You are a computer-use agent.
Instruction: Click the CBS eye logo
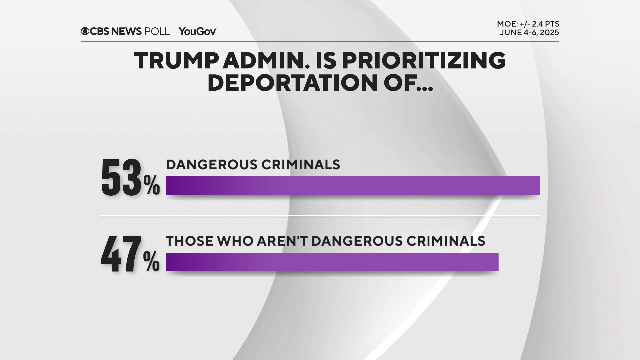[85, 31]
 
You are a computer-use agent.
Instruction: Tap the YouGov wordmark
[198, 31]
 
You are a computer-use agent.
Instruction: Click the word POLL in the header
[157, 31]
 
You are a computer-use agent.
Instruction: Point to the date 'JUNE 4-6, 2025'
[529, 33]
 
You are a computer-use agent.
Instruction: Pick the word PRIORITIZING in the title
[424, 61]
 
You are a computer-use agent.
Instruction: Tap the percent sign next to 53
[152, 186]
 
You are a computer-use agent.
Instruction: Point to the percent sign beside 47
[152, 262]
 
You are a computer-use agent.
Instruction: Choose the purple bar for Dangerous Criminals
[352, 186]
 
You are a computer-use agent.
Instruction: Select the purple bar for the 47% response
[332, 262]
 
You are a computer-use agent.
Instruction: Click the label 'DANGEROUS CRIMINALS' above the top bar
[253, 165]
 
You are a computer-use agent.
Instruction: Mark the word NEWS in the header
[126, 31]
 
